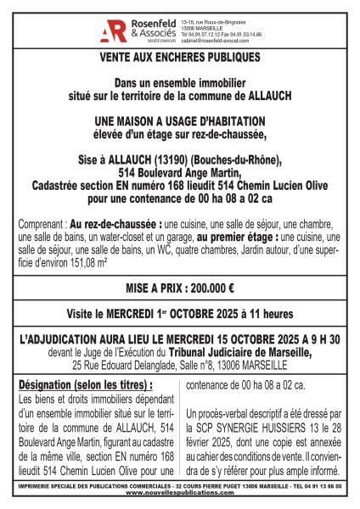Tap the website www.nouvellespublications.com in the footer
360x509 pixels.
[x=180, y=497]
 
